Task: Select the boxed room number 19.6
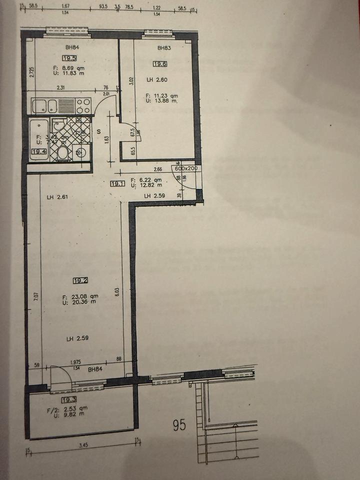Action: [160, 63]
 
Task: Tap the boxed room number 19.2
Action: [80, 280]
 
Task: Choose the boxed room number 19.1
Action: [118, 183]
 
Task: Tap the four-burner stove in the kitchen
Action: [83, 106]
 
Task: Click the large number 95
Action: [179, 425]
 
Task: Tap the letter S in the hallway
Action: [99, 131]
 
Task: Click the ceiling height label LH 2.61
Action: [57, 197]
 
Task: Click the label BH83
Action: [164, 48]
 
